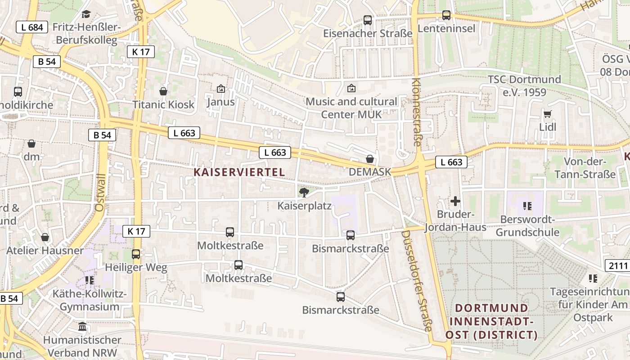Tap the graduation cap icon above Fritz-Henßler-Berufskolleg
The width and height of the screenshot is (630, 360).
coord(86,14)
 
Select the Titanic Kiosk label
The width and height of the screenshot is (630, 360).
coord(163,104)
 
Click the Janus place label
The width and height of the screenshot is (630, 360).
coord(220,102)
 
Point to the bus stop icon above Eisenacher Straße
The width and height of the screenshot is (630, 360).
coord(368,20)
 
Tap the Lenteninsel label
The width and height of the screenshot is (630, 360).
coord(446,29)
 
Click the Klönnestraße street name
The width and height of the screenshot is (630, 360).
coord(416,112)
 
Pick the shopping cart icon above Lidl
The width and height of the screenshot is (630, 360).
coord(547,114)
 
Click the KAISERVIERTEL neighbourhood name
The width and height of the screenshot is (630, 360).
coord(239,172)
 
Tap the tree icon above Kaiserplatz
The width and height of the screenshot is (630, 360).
coord(304,193)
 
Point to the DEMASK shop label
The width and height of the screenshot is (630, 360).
coord(370,172)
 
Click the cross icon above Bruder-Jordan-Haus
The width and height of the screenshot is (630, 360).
coord(455,201)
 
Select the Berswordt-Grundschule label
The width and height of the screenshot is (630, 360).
coord(527,226)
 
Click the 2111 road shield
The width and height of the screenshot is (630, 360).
coord(617,265)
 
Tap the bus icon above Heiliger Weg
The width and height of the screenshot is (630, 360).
coord(136,254)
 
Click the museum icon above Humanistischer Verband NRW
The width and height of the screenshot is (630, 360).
coord(82,326)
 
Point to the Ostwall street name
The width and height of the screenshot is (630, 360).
coord(100,193)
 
